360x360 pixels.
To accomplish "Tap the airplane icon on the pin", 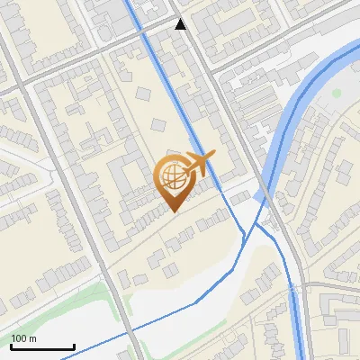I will tap(198, 165).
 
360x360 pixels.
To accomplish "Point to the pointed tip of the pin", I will tap(173, 211).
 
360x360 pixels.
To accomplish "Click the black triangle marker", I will tap(181, 24).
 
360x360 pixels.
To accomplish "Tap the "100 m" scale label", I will tap(24, 338).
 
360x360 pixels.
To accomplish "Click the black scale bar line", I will tap(42, 346).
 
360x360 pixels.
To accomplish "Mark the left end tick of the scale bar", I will tap(11, 346).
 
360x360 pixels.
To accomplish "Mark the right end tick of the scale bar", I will tap(74, 346).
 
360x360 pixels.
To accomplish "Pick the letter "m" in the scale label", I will tap(33, 338).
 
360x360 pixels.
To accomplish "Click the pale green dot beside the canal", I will tap(337, 92).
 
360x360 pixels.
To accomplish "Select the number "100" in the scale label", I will tap(20, 338).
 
